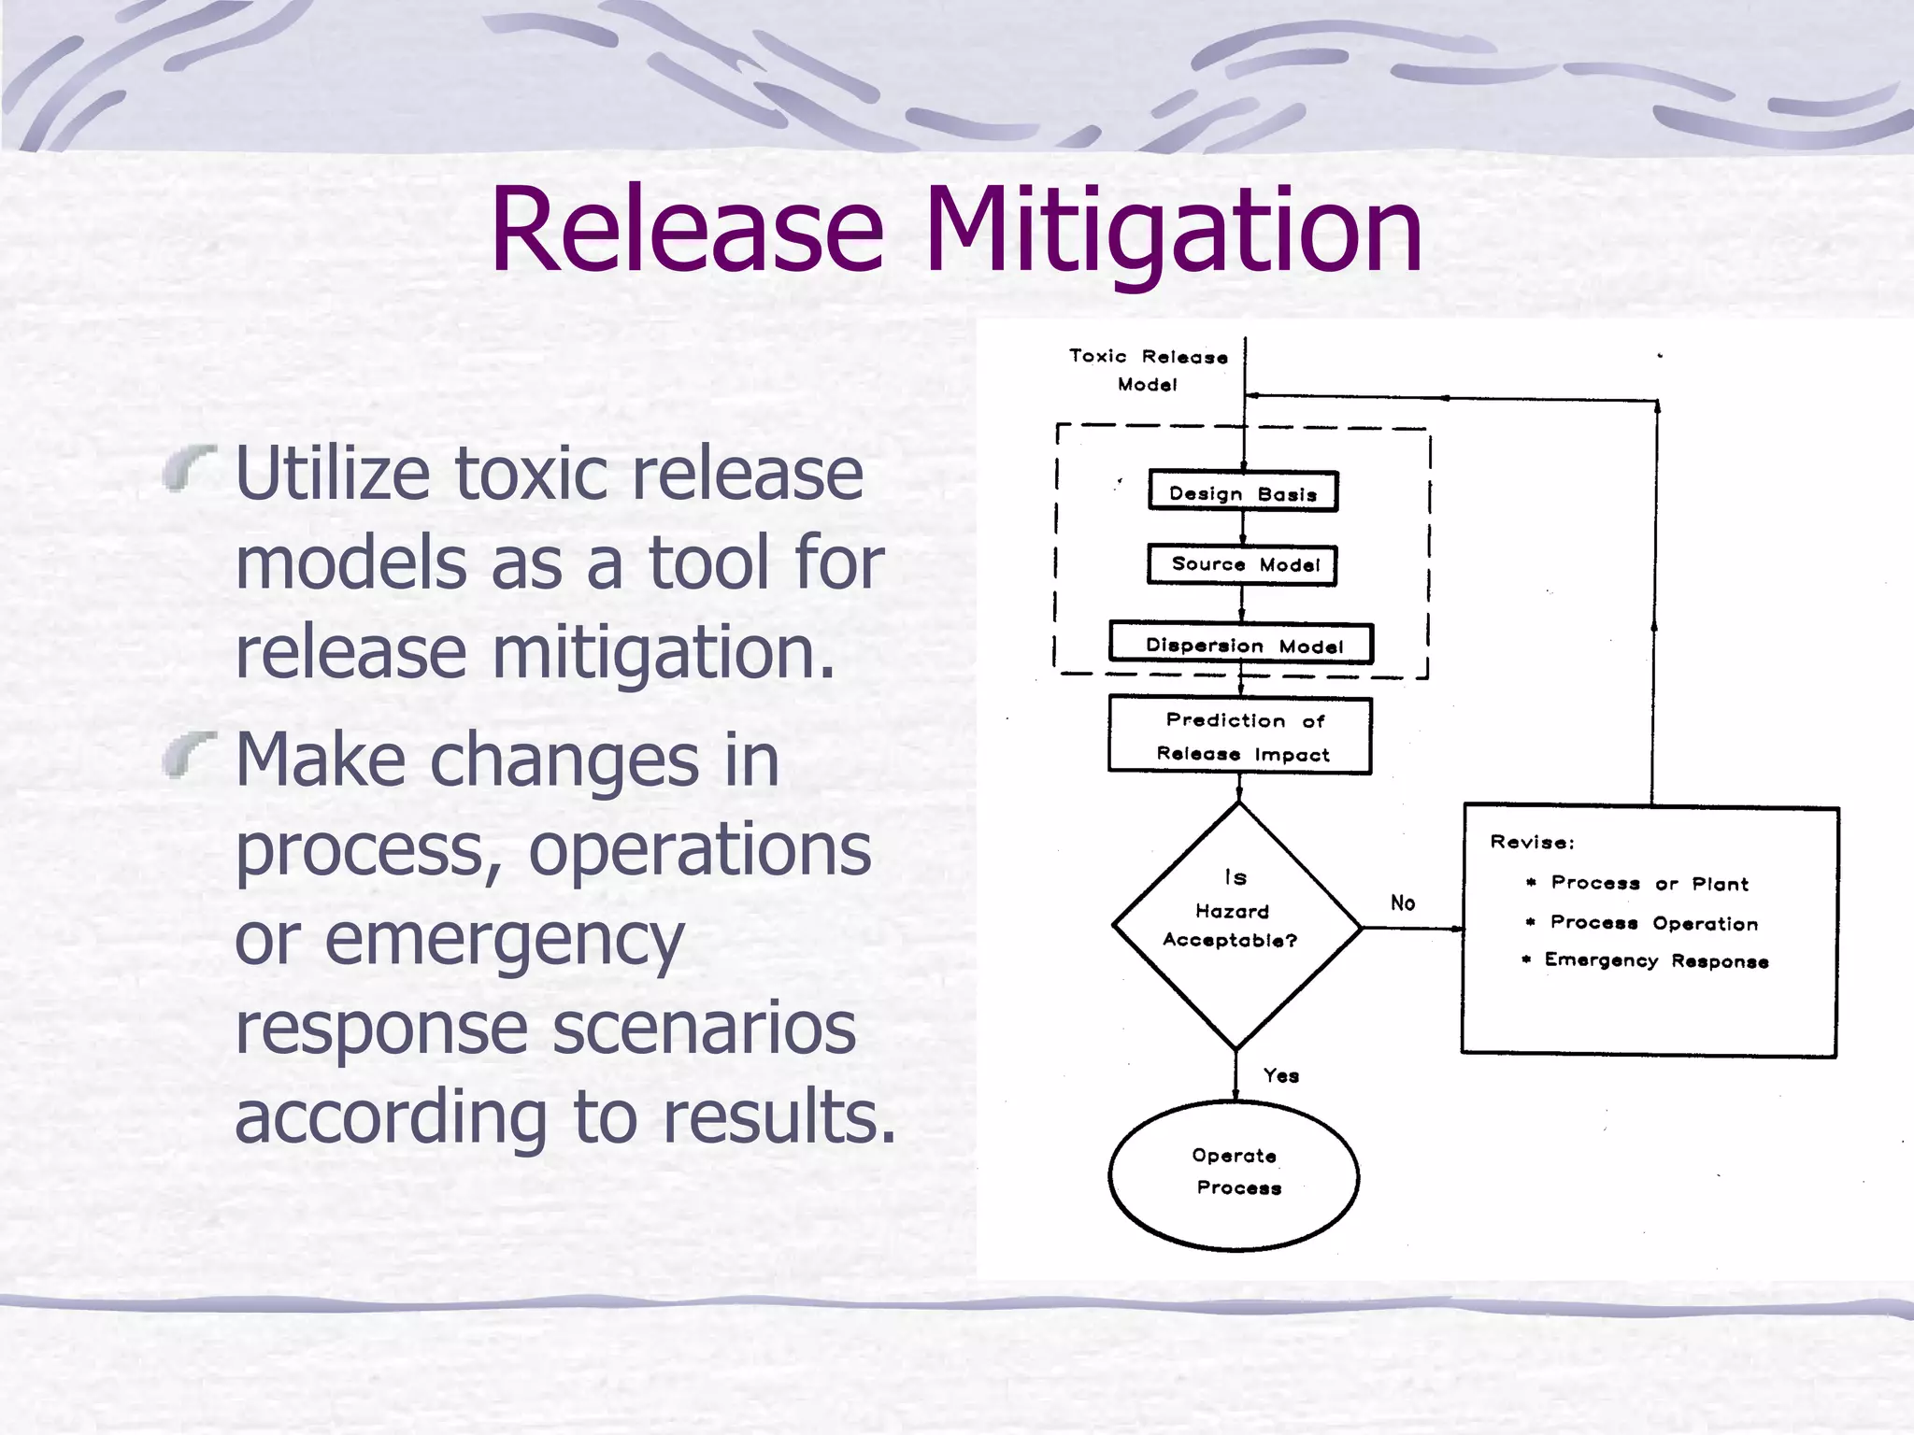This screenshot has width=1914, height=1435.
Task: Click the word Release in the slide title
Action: [x=687, y=231]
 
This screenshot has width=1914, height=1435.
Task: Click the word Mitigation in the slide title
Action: [x=1173, y=231]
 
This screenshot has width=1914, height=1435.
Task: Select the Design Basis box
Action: [x=1243, y=492]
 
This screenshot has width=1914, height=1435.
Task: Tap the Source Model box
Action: [x=1243, y=565]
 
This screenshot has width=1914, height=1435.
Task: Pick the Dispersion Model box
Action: [x=1241, y=645]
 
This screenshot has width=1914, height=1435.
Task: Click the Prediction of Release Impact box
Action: [x=1240, y=736]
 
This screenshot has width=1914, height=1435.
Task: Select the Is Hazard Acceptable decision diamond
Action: [x=1236, y=925]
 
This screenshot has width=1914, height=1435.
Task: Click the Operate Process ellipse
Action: [x=1234, y=1174]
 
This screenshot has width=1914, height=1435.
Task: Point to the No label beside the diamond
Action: [x=1402, y=902]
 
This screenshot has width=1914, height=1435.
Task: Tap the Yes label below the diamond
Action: [x=1280, y=1075]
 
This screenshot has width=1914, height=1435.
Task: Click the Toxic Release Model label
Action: [x=1149, y=370]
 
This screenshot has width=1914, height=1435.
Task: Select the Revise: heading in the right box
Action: [x=1532, y=842]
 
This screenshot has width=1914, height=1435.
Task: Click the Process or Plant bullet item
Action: [x=1649, y=883]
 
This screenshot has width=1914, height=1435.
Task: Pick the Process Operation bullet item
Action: [x=1653, y=923]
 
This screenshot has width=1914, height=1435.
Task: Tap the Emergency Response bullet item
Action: [x=1655, y=960]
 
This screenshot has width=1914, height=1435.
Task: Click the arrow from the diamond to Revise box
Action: [x=1411, y=928]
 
